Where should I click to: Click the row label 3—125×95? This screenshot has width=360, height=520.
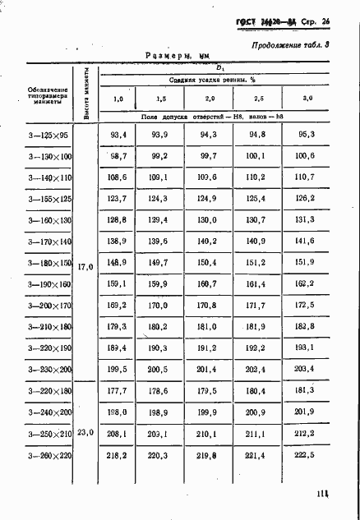coord(50,134)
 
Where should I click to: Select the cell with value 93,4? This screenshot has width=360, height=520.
coord(118,134)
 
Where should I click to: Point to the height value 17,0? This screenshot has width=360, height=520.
coord(85,267)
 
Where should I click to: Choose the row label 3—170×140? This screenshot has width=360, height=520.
coord(50,242)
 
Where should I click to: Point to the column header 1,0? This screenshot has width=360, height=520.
coord(118,99)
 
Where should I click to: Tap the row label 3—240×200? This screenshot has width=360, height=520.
coord(50,412)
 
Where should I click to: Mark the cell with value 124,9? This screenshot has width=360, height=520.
coord(207,198)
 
